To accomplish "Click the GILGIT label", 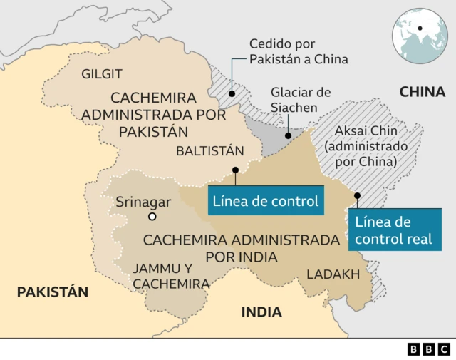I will tap(102, 74).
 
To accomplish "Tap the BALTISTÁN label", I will tap(210, 150).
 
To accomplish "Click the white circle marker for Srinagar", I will tap(152, 217).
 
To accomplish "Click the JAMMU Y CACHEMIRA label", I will tap(171, 276).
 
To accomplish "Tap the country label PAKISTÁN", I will tap(52, 292).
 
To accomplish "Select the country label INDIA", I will tap(261, 312).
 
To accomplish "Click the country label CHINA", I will tap(423, 91).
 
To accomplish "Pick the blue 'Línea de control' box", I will tap(266, 202).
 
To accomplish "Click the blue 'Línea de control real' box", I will tap(393, 230).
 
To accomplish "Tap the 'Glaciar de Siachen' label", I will tap(301, 101).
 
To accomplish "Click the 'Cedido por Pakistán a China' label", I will tap(299, 51).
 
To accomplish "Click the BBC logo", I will tap(429, 349).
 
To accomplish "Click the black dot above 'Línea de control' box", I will tap(235, 170).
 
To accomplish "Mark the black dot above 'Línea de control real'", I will tap(358, 195).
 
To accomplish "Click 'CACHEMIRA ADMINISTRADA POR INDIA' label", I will tap(241, 247).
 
